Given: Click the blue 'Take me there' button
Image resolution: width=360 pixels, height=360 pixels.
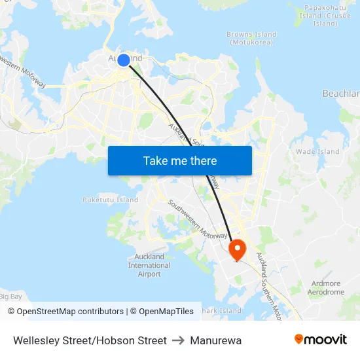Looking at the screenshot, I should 179,160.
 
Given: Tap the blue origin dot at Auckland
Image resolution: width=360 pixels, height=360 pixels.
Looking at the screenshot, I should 124,60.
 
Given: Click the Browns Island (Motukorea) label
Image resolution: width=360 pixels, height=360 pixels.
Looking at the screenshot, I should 252,38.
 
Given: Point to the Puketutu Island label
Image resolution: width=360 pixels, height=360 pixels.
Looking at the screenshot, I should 111,200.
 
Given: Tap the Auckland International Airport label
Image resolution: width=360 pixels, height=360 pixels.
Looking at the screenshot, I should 149,265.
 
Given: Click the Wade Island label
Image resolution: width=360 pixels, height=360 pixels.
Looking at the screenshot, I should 317,151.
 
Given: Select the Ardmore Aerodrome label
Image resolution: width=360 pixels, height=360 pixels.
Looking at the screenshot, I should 325,288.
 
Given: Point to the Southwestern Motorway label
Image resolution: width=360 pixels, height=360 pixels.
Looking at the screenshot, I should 196,219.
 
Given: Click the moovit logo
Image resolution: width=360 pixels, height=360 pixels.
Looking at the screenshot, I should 320,340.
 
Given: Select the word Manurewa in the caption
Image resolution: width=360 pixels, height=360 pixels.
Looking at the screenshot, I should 216,340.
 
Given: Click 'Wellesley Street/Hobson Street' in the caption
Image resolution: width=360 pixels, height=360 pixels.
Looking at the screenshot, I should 90,340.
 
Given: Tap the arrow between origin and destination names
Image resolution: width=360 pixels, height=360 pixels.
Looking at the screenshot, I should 179,340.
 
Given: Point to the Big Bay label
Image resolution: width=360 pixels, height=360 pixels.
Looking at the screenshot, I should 11,297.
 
